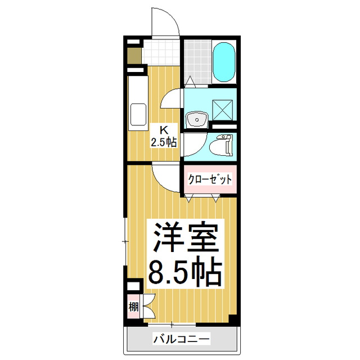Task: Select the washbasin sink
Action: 196,119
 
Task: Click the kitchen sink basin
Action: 137,115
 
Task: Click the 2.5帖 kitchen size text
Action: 164,141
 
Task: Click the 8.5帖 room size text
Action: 183,273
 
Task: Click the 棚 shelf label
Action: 133,307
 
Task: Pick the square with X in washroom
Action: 222,107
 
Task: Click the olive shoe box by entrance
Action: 134,56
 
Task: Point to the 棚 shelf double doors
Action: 148,307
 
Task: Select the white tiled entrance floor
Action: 163,53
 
